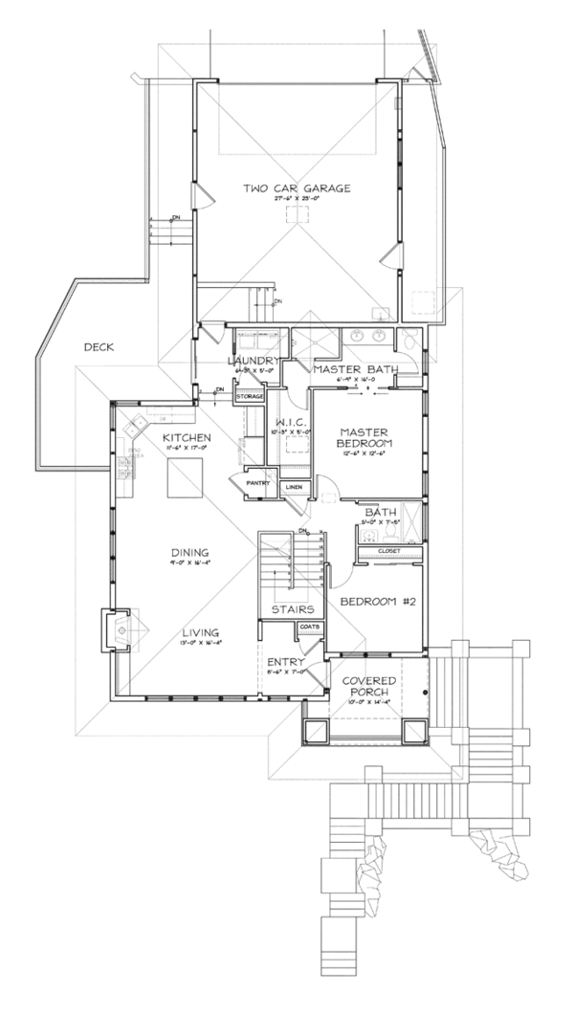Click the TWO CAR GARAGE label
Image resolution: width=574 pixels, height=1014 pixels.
tap(297, 188)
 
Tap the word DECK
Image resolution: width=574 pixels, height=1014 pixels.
tap(99, 347)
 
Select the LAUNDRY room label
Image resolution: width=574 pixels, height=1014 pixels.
tap(252, 360)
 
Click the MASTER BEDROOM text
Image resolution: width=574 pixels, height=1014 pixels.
tap(366, 438)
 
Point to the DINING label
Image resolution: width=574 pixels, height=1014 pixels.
tap(191, 553)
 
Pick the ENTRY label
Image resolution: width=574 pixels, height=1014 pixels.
tap(287, 662)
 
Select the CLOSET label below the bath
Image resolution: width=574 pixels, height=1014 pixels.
tap(388, 551)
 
